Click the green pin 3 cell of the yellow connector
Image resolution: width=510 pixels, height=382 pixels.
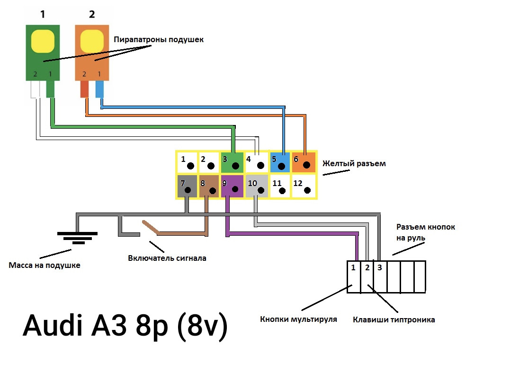tap(232, 162)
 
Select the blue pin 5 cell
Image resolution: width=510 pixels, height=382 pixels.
tap(280, 162)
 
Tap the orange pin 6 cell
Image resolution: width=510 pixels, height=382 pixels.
tap(304, 162)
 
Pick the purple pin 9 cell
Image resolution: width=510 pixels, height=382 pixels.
tap(232, 187)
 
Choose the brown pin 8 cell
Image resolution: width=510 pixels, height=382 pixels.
tap(208, 187)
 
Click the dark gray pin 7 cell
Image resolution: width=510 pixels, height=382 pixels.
tap(187, 187)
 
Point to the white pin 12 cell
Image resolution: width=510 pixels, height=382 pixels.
tap(304, 187)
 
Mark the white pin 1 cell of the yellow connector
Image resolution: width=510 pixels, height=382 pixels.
tap(187, 162)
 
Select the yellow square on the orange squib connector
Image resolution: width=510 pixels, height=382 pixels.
tap(92, 41)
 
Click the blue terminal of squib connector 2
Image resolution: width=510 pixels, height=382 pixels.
tap(99, 89)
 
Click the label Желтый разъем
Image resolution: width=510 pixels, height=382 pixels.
tap(354, 164)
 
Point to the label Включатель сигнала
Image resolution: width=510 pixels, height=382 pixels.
tap(167, 258)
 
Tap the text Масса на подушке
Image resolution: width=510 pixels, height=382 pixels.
tap(45, 265)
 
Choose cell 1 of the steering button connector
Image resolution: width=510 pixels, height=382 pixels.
tap(354, 277)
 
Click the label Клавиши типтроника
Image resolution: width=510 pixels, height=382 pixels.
tap(394, 320)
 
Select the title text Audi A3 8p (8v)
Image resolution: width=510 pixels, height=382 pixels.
tap(125, 326)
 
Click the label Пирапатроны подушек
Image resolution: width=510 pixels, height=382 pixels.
tap(159, 40)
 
